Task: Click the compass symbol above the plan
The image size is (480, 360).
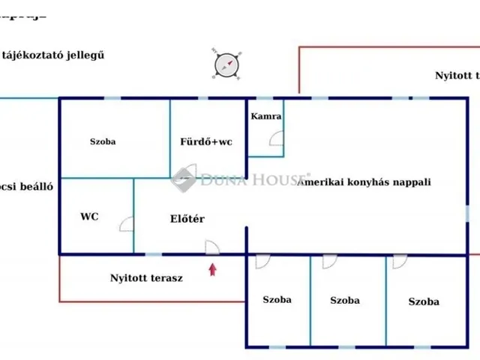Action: click(226, 64)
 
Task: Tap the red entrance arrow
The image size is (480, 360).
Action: click(213, 269)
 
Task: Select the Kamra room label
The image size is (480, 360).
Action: click(266, 117)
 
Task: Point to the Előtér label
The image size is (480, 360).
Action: click(187, 219)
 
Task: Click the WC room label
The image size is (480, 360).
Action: click(89, 217)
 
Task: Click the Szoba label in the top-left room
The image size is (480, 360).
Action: click(103, 141)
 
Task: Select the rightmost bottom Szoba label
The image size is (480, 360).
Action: click(424, 302)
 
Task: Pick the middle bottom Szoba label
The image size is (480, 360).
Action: click(345, 301)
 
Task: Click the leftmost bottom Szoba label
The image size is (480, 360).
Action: click(277, 300)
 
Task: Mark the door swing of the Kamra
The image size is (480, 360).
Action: click(277, 138)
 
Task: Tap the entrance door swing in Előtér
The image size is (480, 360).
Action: click(212, 247)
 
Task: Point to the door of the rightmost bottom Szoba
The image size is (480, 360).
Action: click(399, 262)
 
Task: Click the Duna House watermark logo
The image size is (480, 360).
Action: click(184, 179)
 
